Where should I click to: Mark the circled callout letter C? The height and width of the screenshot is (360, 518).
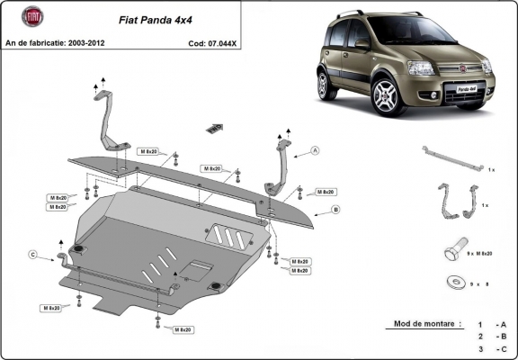(x=31, y=255)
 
